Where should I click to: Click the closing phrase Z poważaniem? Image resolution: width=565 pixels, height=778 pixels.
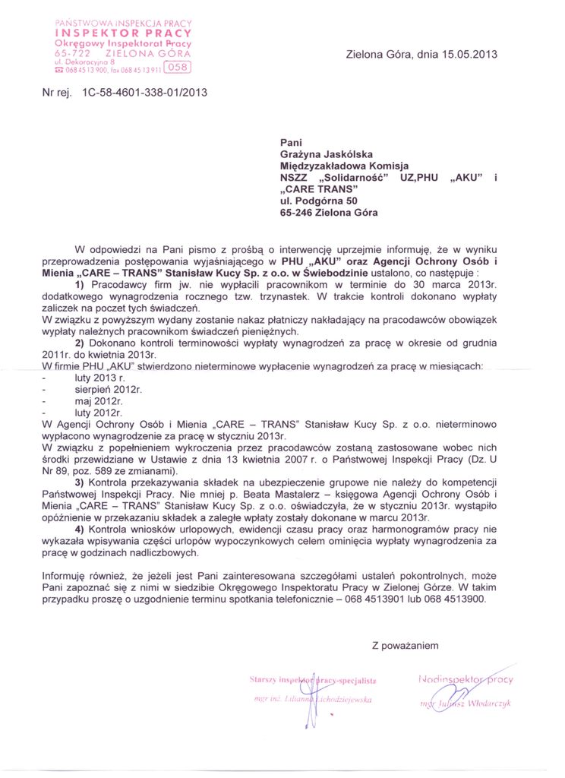[x=406, y=646]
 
